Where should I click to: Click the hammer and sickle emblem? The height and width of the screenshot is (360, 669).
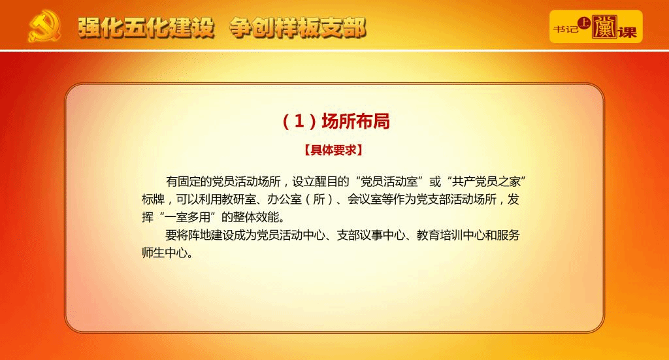44,27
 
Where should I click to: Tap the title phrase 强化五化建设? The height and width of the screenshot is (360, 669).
146,28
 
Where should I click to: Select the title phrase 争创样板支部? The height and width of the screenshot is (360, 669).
298,28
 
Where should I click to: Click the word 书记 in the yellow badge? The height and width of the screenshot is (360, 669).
566,29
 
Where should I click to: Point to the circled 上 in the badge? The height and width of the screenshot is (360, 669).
583,23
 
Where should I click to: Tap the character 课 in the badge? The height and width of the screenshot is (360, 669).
627,32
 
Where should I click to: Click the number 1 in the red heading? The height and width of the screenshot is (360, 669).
299,121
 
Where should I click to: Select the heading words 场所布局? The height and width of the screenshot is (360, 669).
355,121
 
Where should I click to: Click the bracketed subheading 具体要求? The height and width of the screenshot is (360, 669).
333,150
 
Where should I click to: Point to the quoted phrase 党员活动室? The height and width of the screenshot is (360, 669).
389,182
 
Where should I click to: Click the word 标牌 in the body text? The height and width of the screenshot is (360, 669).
153,200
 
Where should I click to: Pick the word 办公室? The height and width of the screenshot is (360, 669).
285,200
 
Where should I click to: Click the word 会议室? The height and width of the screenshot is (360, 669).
365,200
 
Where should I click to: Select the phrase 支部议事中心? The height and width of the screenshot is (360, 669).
371,235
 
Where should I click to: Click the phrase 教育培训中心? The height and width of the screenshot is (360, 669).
451,235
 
